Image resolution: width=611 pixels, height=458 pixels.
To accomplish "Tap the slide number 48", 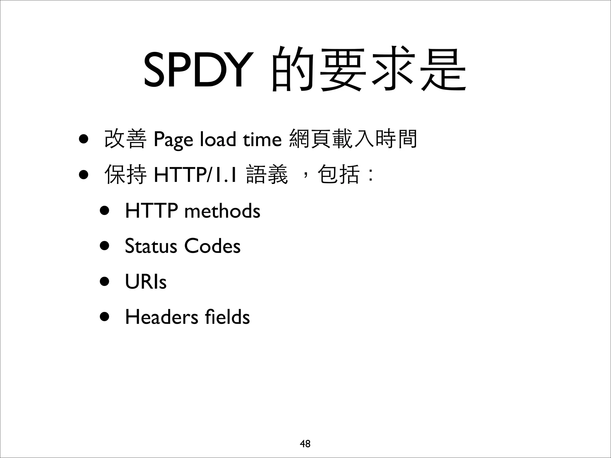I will (305, 444).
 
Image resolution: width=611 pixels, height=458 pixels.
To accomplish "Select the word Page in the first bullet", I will (173, 139).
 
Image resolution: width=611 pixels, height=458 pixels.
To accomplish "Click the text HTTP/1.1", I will (195, 175).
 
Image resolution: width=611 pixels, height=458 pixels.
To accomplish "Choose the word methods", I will (222, 211).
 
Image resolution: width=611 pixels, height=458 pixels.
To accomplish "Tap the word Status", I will (151, 246).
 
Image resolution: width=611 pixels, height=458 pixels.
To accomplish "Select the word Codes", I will (212, 246).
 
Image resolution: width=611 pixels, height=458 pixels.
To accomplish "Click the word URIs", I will (146, 281).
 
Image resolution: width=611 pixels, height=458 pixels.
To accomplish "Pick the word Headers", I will (161, 317).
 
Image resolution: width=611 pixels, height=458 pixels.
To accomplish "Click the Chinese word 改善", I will (125, 139).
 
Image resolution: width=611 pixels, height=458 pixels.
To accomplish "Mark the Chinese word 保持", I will (125, 175).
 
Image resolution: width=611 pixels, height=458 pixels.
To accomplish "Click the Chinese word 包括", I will (338, 175).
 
